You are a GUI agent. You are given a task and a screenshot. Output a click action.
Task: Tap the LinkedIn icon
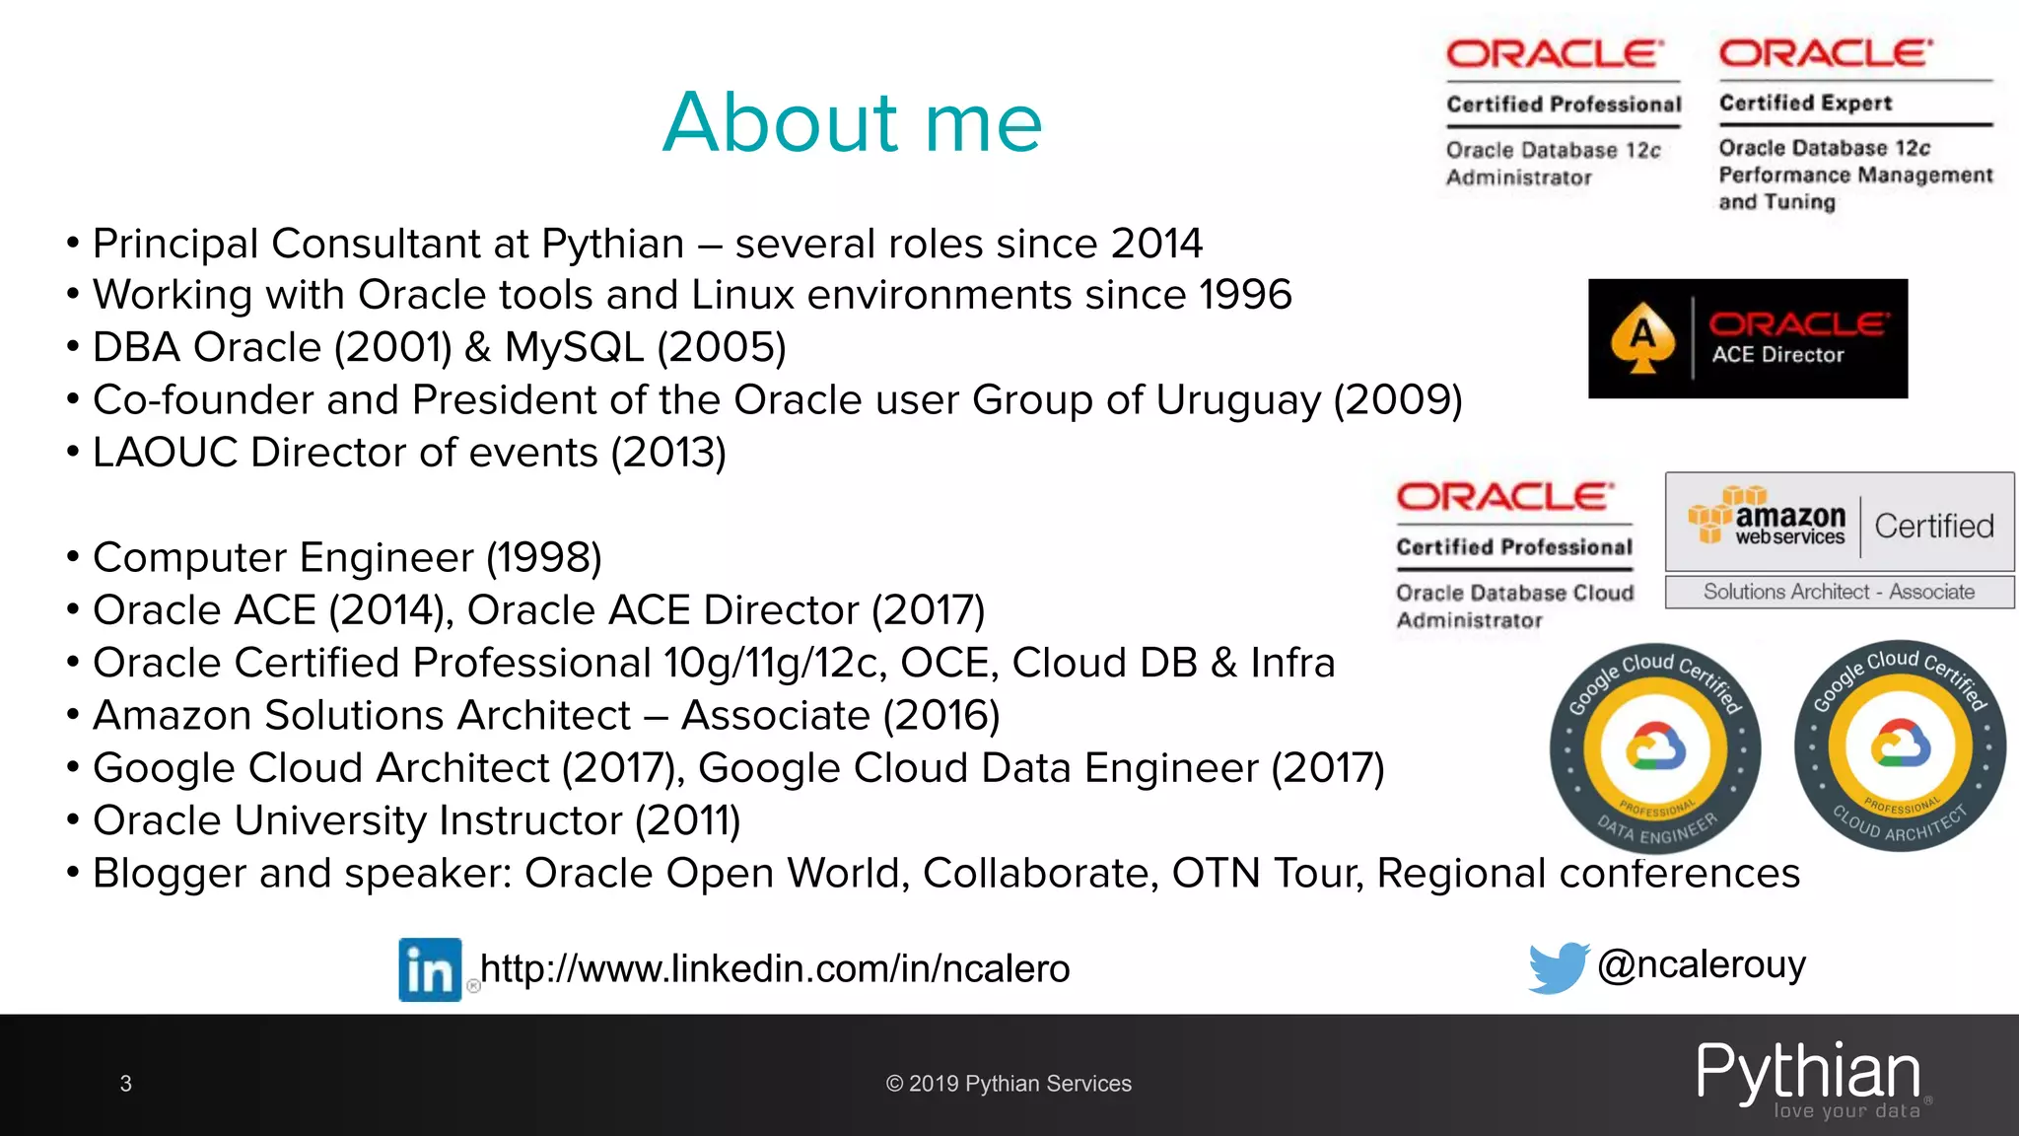(430, 969)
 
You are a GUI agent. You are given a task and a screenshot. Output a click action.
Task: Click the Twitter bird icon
(1558, 966)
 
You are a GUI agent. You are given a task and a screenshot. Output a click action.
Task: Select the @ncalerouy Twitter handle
(1702, 964)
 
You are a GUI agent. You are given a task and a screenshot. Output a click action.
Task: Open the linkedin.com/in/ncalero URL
(774, 969)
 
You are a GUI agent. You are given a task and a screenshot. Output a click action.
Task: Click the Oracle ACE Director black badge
(1747, 338)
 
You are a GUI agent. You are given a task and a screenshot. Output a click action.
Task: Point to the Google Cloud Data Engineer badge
(1655, 748)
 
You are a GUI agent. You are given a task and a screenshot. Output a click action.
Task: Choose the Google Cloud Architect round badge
(1900, 745)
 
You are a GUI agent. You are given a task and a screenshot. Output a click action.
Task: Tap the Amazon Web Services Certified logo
(1839, 522)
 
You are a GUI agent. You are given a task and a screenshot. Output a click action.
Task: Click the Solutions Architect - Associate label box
(1839, 592)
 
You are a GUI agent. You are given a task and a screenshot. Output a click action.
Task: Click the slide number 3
(125, 1084)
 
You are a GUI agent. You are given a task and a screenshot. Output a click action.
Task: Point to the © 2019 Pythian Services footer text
(1009, 1084)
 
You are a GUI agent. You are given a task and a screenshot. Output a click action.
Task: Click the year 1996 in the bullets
(1245, 295)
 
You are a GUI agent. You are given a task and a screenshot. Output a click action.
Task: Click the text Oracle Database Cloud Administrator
(1514, 605)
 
